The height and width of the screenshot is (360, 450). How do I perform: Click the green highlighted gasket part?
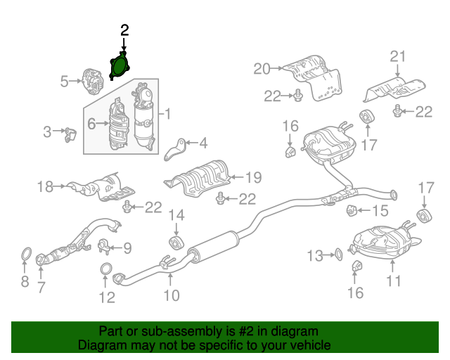[120, 65]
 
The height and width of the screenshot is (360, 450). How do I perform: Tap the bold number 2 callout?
[124, 30]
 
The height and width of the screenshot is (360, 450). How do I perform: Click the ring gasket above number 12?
[106, 269]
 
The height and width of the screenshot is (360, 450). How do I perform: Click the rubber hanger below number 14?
[176, 243]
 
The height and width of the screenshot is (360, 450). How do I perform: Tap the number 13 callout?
[314, 254]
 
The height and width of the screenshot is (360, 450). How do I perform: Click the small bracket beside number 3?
[69, 134]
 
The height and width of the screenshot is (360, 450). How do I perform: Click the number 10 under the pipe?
[171, 296]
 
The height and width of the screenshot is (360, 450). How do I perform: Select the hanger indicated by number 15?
[354, 210]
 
